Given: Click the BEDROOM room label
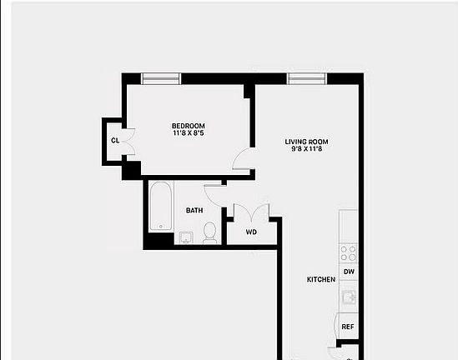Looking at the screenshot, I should (x=189, y=126).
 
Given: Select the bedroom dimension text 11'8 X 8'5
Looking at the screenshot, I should (x=189, y=133).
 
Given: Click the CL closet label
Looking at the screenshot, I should (x=114, y=140).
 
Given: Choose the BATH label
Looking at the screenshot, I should (x=194, y=211).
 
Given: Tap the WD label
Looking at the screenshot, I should (x=251, y=232).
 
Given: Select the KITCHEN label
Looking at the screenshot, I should (x=321, y=279).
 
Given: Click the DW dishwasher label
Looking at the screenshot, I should (x=349, y=272).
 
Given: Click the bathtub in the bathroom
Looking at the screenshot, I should (x=160, y=207).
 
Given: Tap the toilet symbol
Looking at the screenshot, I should (x=210, y=232).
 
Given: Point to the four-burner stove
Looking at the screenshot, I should (x=349, y=252).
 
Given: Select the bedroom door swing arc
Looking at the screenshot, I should (x=241, y=160).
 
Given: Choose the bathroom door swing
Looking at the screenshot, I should (x=213, y=195).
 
